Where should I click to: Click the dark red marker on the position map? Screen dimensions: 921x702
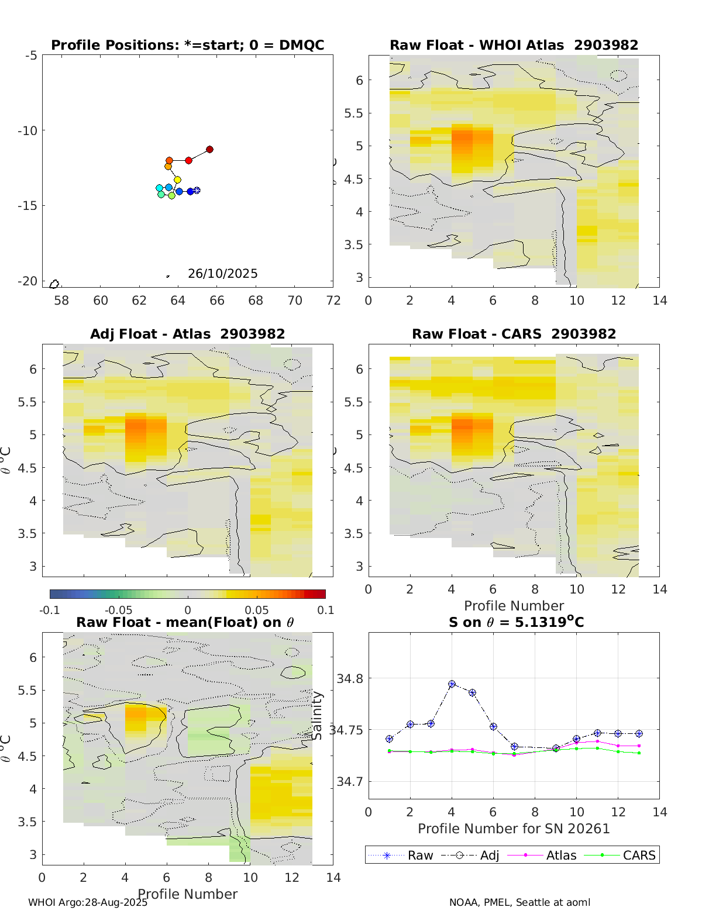[x=209, y=150]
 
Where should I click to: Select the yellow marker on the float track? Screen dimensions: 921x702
[x=177, y=180]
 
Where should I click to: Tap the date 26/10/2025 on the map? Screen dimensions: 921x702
[x=222, y=274]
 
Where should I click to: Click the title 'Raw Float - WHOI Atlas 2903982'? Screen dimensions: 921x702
[x=514, y=45]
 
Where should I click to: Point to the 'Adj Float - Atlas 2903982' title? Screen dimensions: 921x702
[x=187, y=334]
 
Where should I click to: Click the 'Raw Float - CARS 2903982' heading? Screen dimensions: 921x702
[x=514, y=334]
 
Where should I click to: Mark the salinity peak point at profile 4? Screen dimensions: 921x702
[x=452, y=684]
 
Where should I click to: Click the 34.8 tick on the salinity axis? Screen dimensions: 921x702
[x=350, y=678]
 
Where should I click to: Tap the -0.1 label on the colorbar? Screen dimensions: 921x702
[x=50, y=610]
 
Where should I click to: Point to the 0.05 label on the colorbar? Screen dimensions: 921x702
[x=256, y=610]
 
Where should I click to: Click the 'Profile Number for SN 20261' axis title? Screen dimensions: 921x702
[x=514, y=829]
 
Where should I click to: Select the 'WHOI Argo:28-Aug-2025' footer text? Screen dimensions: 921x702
[x=88, y=902]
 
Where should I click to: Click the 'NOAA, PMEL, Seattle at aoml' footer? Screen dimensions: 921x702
[x=519, y=902]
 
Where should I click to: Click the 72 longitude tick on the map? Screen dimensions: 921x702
[x=333, y=301]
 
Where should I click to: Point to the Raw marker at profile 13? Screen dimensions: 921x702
[x=639, y=733]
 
